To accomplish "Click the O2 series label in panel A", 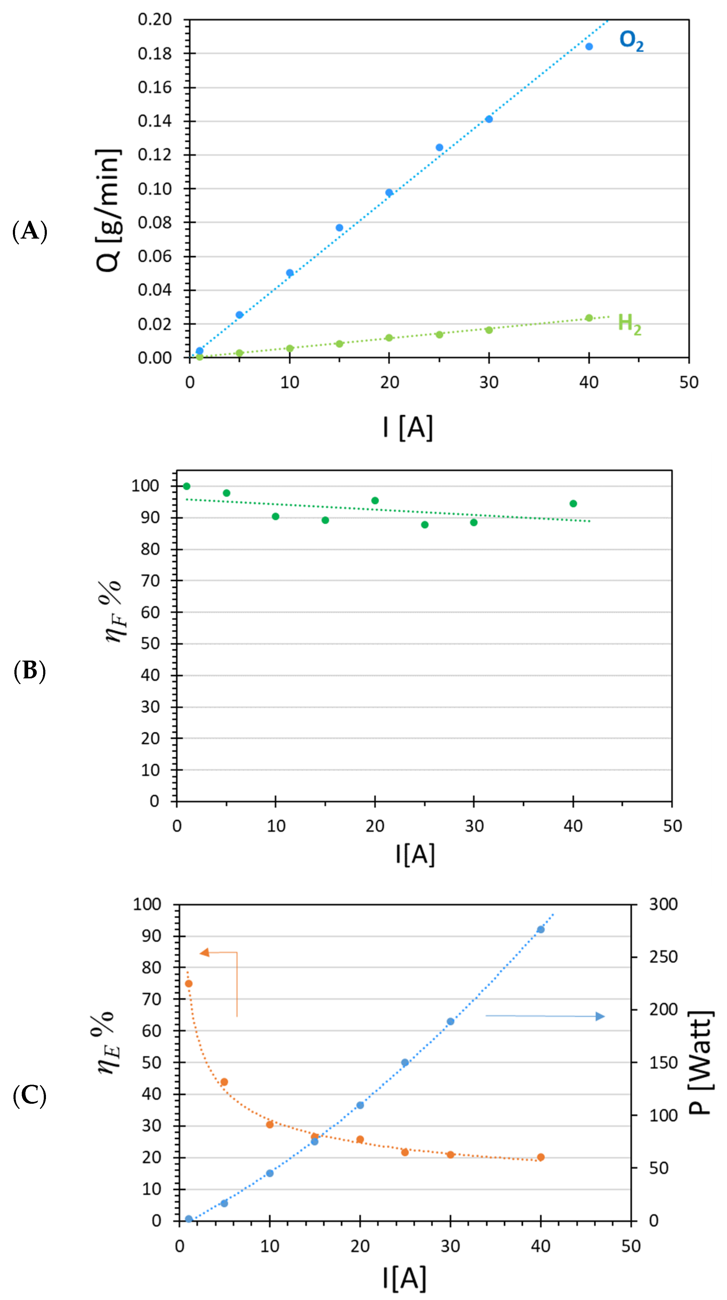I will point(631,41).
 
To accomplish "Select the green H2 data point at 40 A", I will point(588,318).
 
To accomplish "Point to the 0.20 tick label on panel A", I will point(155,20).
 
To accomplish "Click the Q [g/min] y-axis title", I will point(108,210).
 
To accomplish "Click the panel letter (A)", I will point(30,231).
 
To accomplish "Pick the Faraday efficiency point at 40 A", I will point(573,504).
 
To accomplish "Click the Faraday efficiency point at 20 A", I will point(375,500).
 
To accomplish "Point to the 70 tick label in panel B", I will point(150,581).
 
